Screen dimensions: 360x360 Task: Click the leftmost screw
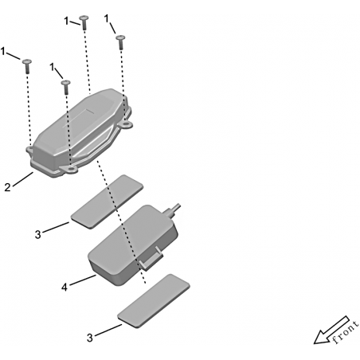pyautogui.click(x=27, y=66)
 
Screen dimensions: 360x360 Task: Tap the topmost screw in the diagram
pyautogui.click(x=84, y=22)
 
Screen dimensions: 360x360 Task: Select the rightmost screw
pyautogui.click(x=120, y=41)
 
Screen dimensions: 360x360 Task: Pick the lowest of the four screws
pyautogui.click(x=66, y=87)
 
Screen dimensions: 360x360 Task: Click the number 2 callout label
pyautogui.click(x=7, y=187)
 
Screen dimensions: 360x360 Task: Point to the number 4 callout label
pyautogui.click(x=65, y=287)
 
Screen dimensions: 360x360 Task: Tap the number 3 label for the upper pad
pyautogui.click(x=38, y=235)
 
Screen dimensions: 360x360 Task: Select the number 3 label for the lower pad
pyautogui.click(x=90, y=338)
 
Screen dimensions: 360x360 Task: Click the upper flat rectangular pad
pyautogui.click(x=107, y=202)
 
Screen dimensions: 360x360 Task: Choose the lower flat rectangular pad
pyautogui.click(x=154, y=301)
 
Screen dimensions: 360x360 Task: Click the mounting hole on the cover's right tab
pyautogui.click(x=127, y=123)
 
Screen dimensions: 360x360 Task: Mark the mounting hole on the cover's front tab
pyautogui.click(x=69, y=168)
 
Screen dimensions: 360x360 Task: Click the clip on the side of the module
pyautogui.click(x=151, y=259)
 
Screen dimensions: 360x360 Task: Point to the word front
pyautogui.click(x=346, y=332)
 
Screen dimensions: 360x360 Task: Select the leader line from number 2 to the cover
pyautogui.click(x=22, y=179)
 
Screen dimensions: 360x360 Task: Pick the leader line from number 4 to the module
pyautogui.click(x=83, y=280)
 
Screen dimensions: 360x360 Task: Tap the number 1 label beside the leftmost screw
pyautogui.click(x=3, y=51)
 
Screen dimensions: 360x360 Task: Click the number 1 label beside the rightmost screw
pyautogui.click(x=107, y=19)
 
